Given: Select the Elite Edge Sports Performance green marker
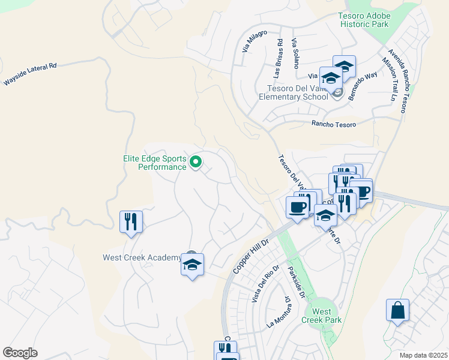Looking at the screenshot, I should click(x=196, y=162).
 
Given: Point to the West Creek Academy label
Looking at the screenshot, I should click(x=142, y=258).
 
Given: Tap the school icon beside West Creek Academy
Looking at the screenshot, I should click(x=193, y=265).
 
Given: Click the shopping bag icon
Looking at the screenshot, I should click(x=397, y=311).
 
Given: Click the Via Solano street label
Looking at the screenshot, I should click(x=295, y=53).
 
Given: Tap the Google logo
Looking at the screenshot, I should click(x=20, y=352).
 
